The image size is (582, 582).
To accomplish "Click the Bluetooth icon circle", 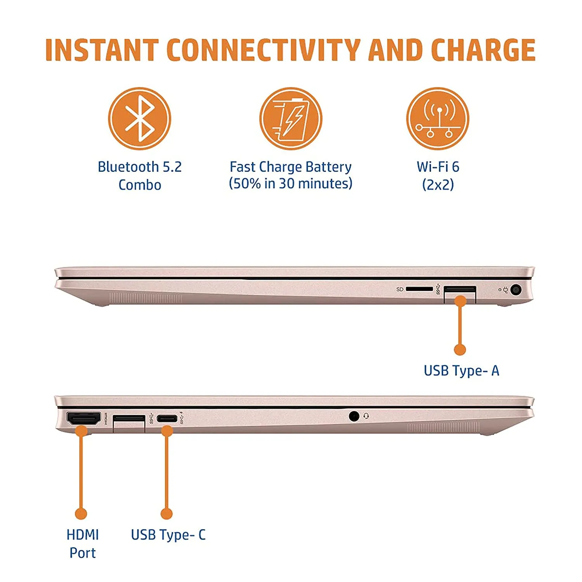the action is point(139,118).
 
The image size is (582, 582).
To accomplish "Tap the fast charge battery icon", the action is point(291,118).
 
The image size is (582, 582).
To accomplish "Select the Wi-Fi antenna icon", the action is point(438,118).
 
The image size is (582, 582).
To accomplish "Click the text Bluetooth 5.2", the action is point(140,167).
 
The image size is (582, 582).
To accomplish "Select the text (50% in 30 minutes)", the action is point(291,184).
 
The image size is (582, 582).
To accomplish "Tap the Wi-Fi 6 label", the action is point(438,167).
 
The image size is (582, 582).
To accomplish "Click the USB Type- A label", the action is point(461,371).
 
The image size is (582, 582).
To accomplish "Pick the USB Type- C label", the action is point(168,535).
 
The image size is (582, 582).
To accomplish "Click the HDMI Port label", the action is point(83,544).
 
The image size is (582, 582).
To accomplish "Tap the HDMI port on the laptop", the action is point(83,418).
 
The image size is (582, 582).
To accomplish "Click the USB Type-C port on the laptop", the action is point(167,419).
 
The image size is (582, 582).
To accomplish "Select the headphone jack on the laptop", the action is point(353,416).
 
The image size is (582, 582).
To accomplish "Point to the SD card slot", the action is point(419,289).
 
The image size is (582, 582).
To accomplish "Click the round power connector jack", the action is point(516,289).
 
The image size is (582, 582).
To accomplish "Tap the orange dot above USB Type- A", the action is point(460,350).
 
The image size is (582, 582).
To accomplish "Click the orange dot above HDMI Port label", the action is point(81,514).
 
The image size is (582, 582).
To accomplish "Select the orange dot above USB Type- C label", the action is point(166,514).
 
